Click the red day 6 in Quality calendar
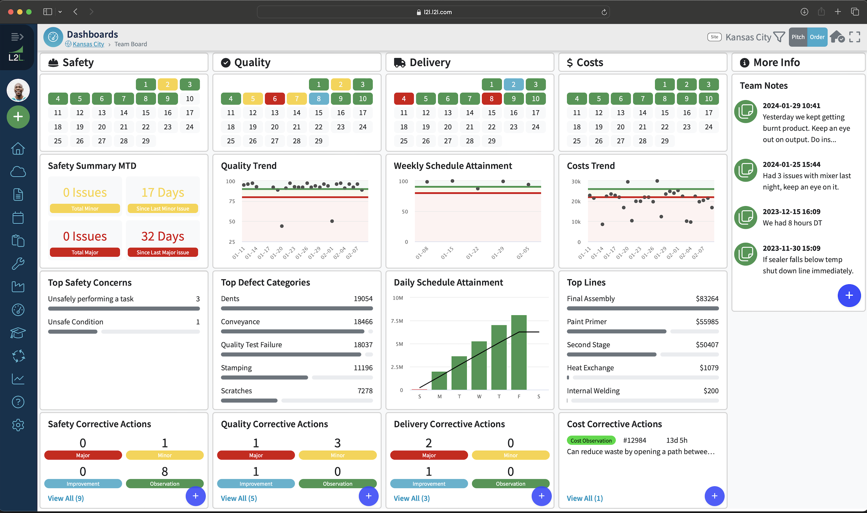pos(275,99)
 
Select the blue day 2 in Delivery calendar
pos(513,84)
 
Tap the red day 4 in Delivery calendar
pos(404,99)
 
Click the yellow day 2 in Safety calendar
pos(167,84)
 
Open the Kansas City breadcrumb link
pos(88,44)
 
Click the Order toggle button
pos(817,37)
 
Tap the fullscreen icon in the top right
pos(854,37)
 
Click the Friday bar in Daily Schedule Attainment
pos(519,352)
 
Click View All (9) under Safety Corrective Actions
pos(66,498)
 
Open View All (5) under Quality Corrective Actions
pos(239,498)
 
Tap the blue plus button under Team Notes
pos(849,296)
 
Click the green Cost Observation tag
pos(591,441)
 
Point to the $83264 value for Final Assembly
pos(707,299)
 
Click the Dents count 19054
pos(363,299)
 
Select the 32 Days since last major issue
pos(163,236)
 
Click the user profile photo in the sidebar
pos(18,91)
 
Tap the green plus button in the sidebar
pos(18,117)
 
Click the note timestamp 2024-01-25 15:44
pos(791,164)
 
